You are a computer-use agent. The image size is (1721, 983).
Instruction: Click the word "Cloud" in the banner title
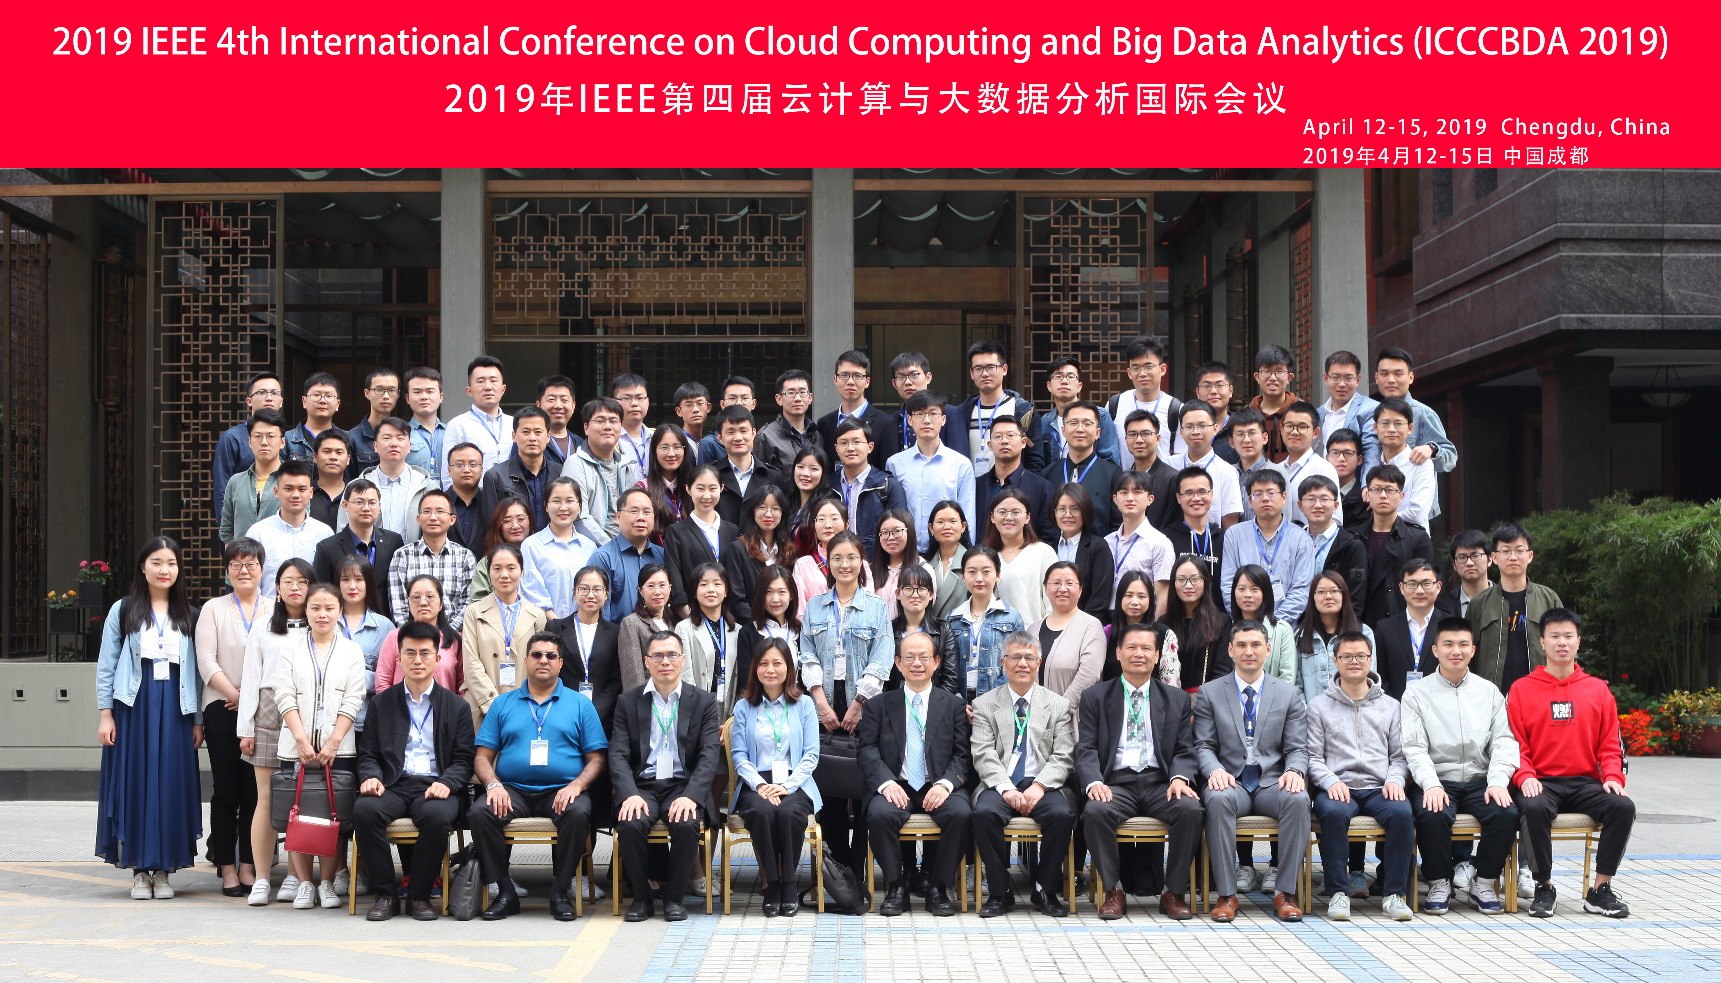click(791, 41)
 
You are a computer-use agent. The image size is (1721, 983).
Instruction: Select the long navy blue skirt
click(149, 783)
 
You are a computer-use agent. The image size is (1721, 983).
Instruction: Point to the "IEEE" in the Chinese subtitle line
click(618, 99)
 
